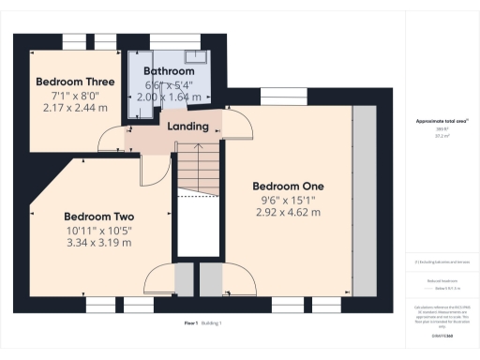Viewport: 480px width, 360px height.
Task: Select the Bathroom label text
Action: point(169,71)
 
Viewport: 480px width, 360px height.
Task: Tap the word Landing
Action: point(187,127)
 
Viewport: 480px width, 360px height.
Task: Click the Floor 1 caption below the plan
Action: point(191,323)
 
